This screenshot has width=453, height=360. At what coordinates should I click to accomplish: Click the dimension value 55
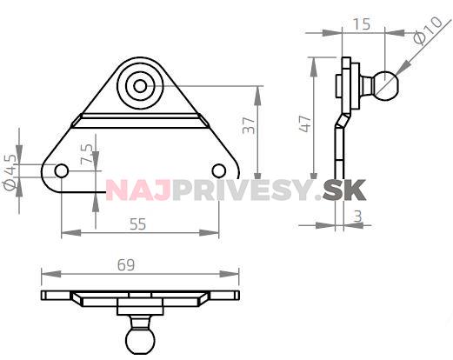pyautogui.click(x=137, y=223)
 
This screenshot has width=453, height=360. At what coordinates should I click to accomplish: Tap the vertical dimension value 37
pyautogui.click(x=250, y=126)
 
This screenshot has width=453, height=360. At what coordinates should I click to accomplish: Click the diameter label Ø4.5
pyautogui.click(x=10, y=171)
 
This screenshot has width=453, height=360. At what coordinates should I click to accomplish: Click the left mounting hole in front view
pyautogui.click(x=62, y=170)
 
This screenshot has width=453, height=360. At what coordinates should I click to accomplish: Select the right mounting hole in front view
pyautogui.click(x=219, y=170)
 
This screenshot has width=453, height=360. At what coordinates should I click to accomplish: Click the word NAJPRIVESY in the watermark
pyautogui.click(x=208, y=189)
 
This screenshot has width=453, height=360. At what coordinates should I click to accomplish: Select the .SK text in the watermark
pyautogui.click(x=343, y=189)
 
